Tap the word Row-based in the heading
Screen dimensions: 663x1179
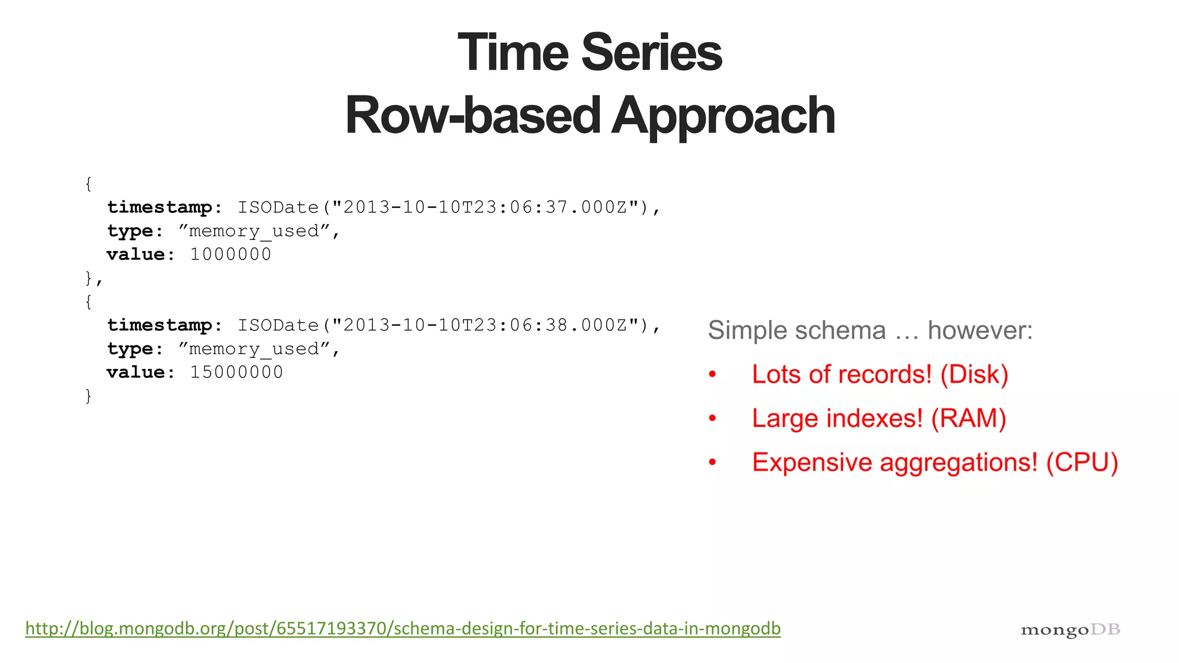(x=473, y=116)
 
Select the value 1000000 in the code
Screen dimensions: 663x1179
(x=230, y=254)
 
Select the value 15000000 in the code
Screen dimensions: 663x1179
(x=236, y=372)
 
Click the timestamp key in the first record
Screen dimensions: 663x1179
(x=159, y=207)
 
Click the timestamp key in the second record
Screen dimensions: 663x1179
(x=159, y=325)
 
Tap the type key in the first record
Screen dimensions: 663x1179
(x=130, y=231)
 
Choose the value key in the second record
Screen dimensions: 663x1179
(x=136, y=372)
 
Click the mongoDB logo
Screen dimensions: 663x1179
(x=1070, y=630)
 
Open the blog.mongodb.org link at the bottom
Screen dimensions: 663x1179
(x=403, y=628)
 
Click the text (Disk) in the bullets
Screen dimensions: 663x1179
(x=974, y=375)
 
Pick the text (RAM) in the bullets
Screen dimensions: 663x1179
(x=968, y=418)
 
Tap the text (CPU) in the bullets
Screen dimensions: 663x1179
(x=1082, y=463)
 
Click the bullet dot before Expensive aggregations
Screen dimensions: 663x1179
(x=713, y=462)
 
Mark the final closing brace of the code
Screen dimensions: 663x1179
(x=88, y=396)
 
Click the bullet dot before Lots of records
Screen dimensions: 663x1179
(x=713, y=375)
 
